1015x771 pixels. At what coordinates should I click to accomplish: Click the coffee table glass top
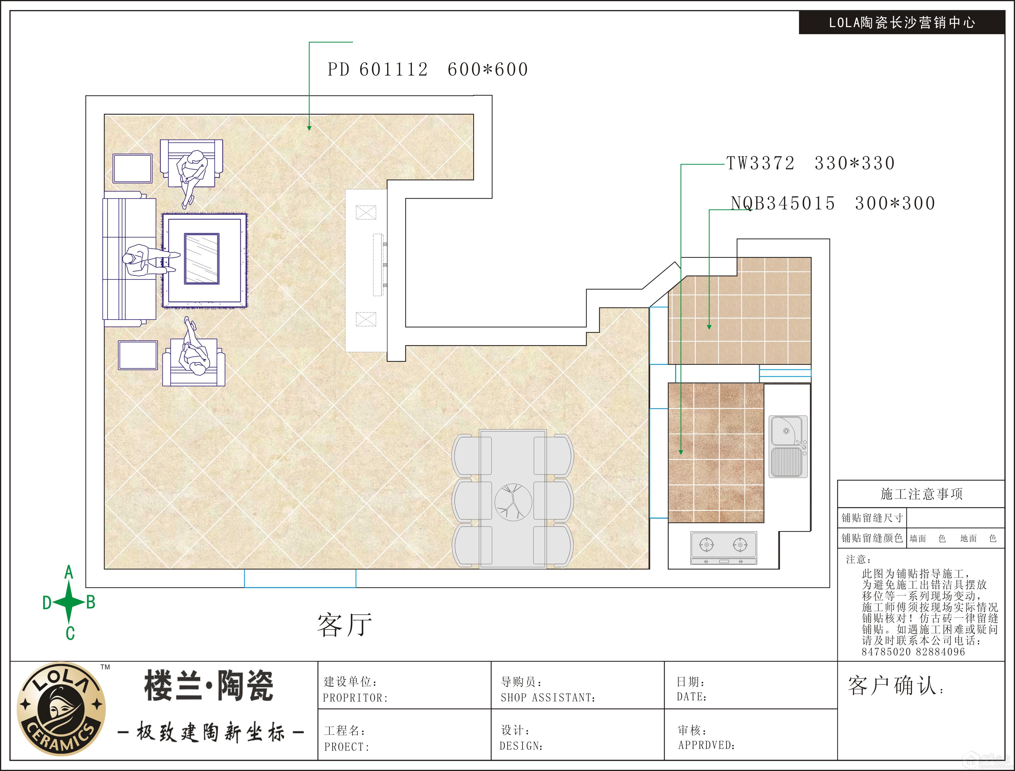point(202,259)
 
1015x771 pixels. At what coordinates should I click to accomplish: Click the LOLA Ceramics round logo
point(61,709)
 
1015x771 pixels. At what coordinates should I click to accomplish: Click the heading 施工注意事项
point(921,494)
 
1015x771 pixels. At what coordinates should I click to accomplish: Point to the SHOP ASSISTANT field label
point(548,698)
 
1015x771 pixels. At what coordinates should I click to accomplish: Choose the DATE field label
point(691,697)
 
